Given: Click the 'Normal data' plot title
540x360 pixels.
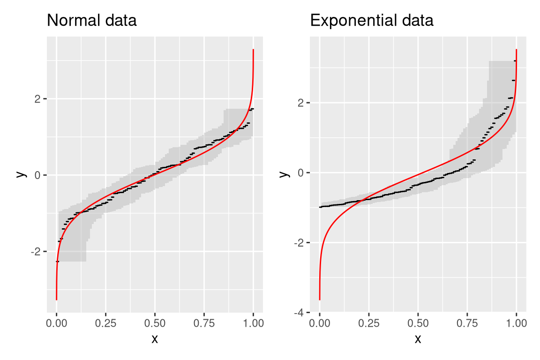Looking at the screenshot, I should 92,21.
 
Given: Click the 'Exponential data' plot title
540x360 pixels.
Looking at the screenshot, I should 372,21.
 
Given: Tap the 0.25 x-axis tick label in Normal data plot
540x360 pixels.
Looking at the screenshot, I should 105,323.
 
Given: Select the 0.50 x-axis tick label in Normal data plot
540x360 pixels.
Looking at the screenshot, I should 155,323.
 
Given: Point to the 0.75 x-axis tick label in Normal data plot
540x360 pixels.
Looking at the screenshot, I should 204,323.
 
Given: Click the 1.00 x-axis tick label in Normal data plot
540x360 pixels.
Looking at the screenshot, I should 253,323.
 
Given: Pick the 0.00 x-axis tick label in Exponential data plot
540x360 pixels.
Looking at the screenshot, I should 320,323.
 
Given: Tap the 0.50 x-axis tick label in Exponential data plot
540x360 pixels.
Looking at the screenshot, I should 418,323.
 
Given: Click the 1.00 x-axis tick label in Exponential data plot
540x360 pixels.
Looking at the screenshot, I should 516,323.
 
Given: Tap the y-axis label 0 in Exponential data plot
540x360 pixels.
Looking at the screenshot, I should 301,173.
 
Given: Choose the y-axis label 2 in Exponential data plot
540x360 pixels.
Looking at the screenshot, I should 301,103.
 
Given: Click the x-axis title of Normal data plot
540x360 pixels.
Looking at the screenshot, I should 155,338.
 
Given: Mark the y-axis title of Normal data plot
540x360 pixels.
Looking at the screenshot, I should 19,174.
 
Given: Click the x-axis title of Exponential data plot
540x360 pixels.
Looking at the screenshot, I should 418,338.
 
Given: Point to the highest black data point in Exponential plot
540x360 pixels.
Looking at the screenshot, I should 515,61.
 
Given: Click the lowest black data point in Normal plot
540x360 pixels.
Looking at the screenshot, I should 57,261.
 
